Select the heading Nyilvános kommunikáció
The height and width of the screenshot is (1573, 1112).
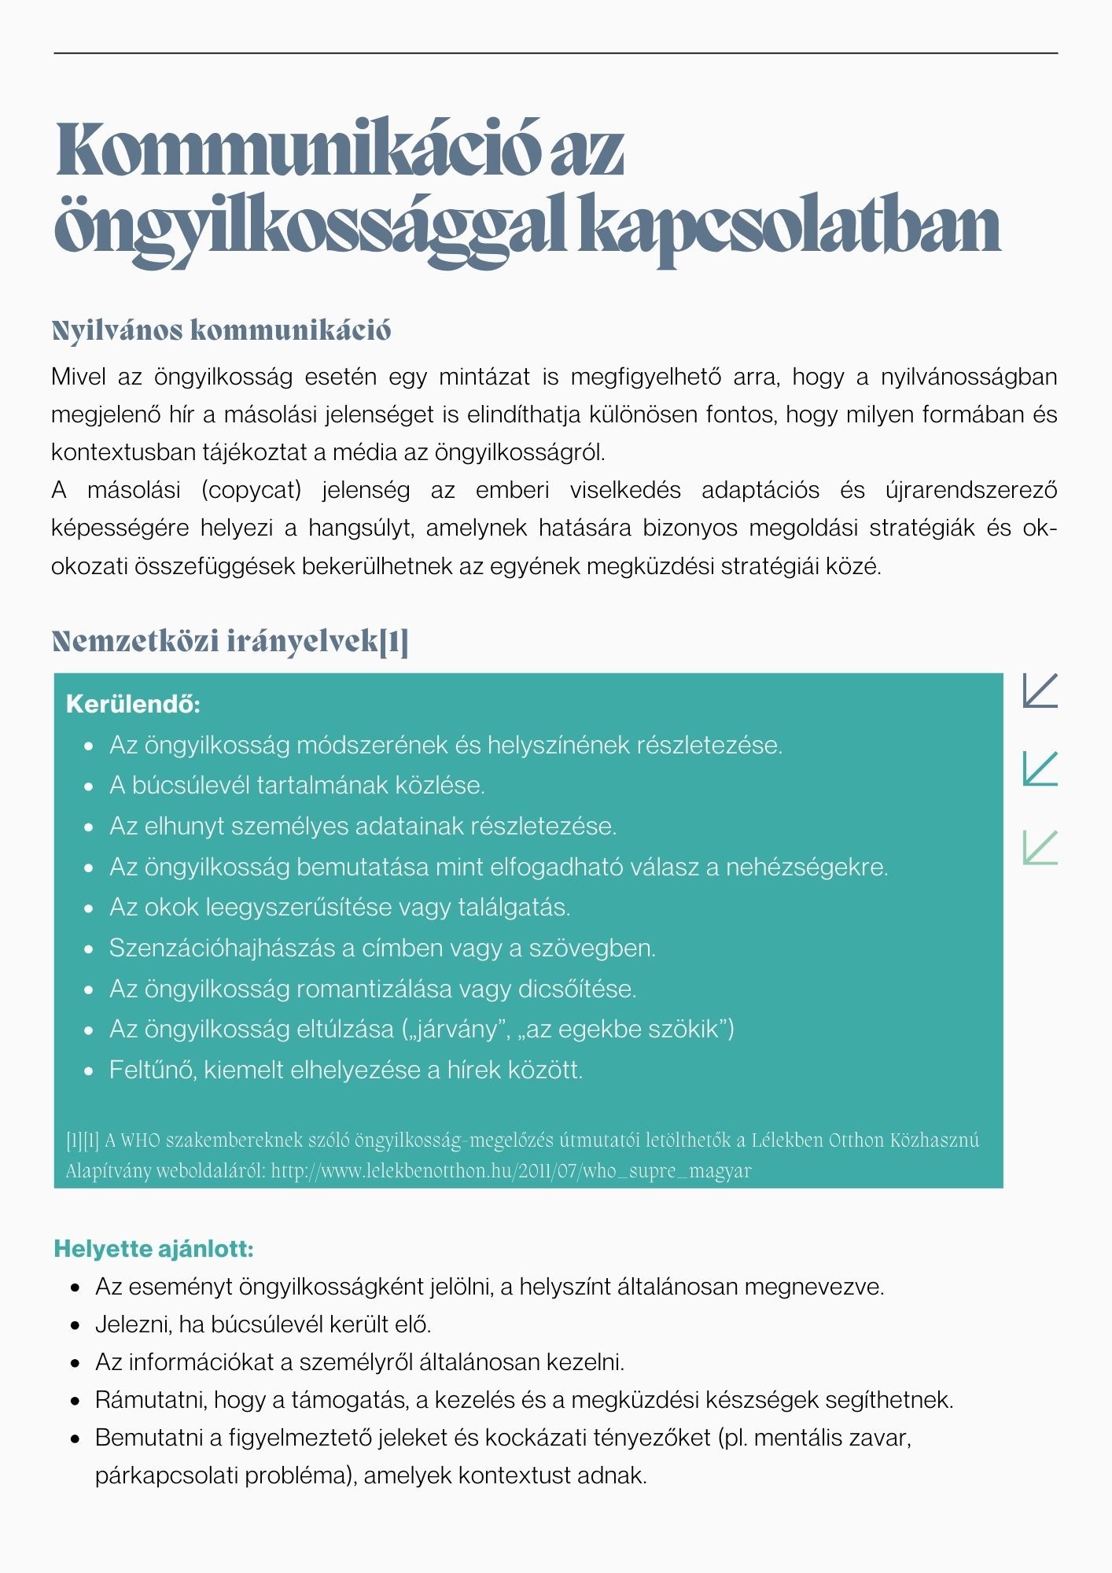tap(221, 331)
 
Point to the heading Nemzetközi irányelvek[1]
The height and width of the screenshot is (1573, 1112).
tap(230, 642)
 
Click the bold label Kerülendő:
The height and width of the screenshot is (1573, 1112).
tap(133, 703)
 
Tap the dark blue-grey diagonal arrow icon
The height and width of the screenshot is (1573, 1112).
tap(1040, 691)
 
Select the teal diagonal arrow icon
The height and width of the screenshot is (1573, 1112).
tap(1040, 768)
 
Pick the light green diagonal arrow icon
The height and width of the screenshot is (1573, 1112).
tap(1040, 847)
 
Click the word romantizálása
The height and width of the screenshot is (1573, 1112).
tap(382, 989)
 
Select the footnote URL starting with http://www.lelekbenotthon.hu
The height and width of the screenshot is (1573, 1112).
tap(511, 1170)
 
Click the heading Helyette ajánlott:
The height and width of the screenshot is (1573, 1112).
tap(153, 1248)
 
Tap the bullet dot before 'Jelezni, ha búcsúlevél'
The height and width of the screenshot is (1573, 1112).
tap(75, 1325)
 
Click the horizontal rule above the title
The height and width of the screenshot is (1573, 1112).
tap(556, 53)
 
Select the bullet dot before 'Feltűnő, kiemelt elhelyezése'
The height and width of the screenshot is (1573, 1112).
tap(90, 1070)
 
